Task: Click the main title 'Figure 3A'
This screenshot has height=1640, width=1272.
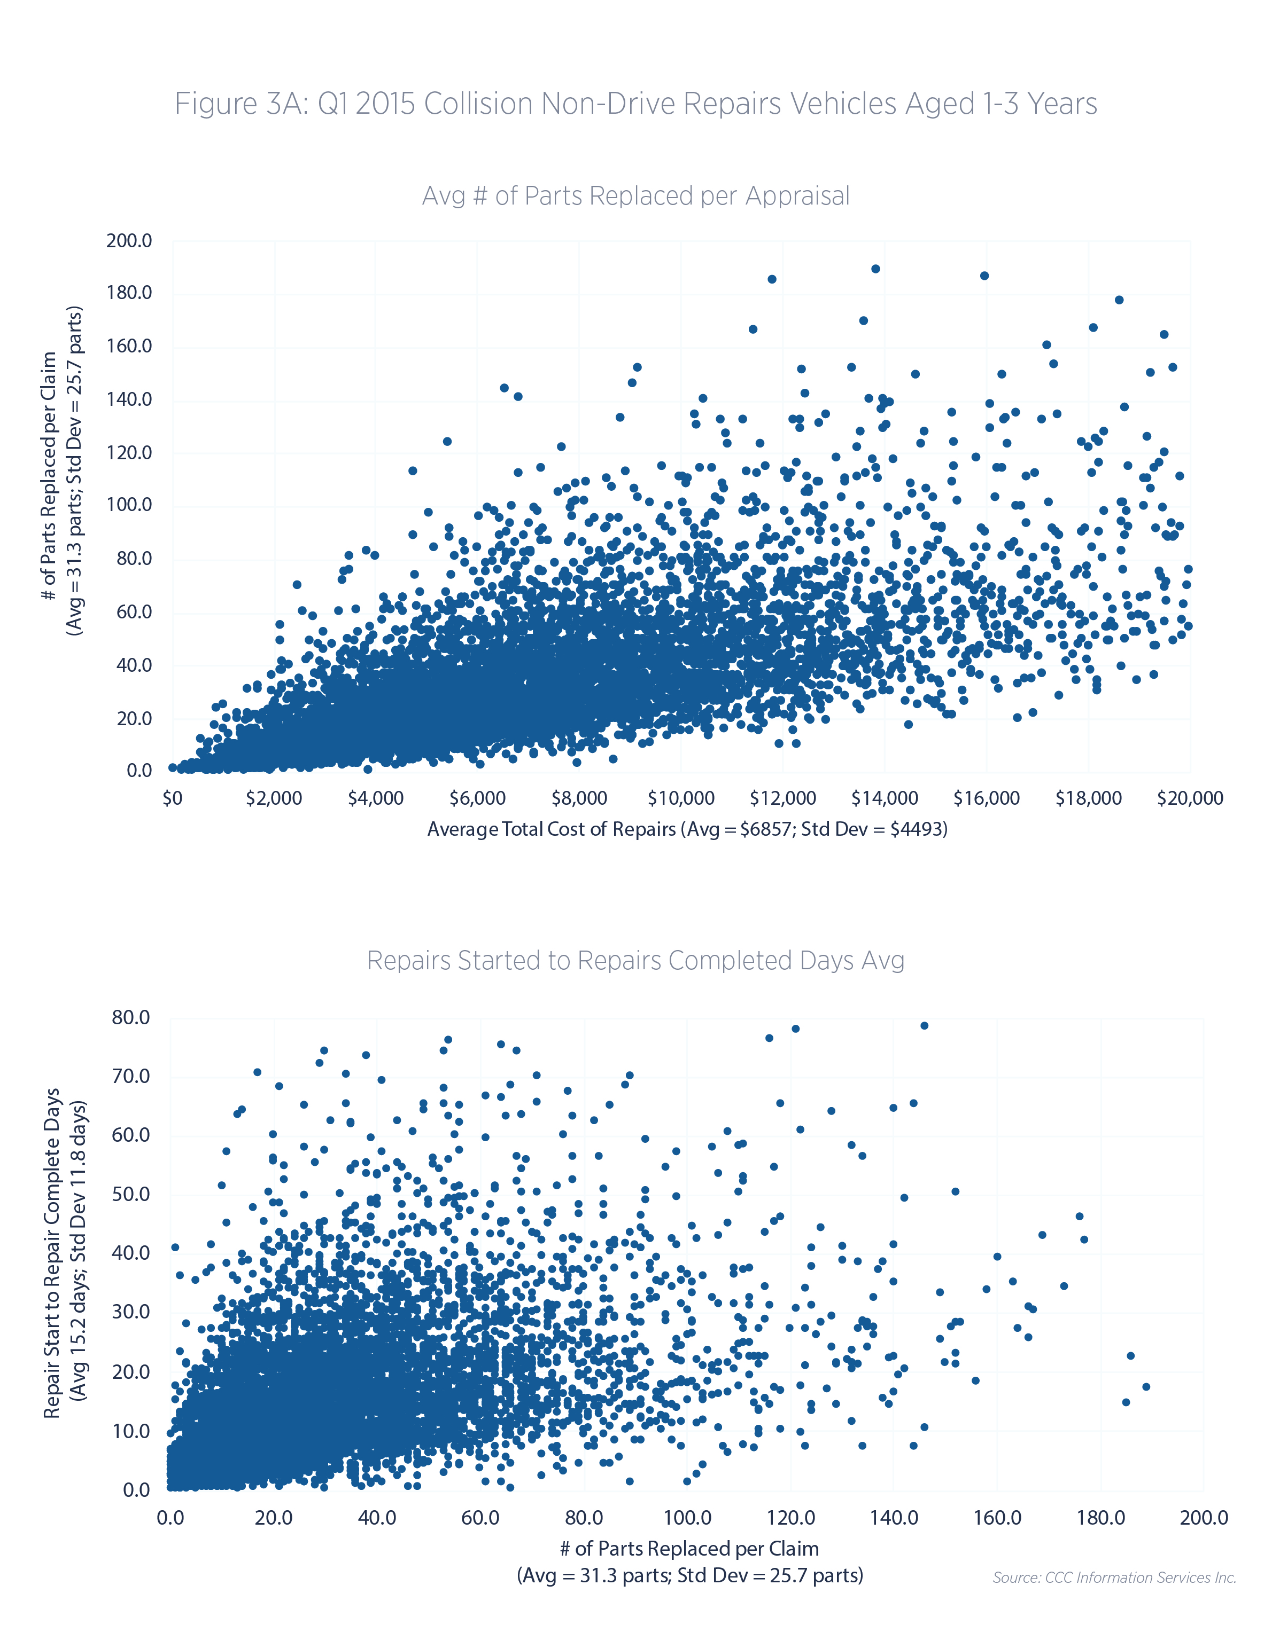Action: click(635, 104)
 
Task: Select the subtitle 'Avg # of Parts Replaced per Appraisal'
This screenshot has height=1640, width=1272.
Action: click(635, 195)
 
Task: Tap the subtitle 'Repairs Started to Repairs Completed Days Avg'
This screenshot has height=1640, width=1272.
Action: click(635, 960)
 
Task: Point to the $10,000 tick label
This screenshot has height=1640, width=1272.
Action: click(681, 798)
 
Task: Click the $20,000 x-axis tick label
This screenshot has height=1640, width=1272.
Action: click(1189, 798)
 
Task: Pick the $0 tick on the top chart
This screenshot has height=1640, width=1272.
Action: click(173, 798)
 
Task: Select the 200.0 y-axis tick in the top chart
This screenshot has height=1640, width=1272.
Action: click(129, 241)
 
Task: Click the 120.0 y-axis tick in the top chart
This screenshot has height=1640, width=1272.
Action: click(129, 453)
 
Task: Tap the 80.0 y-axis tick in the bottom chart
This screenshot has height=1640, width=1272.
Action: click(131, 1017)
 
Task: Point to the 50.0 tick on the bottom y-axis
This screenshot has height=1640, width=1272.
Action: click(131, 1195)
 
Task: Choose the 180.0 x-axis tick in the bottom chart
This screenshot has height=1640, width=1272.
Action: click(1100, 1518)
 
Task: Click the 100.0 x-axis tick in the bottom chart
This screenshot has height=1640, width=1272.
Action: click(687, 1518)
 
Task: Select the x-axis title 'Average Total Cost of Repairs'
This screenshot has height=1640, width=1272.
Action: click(687, 829)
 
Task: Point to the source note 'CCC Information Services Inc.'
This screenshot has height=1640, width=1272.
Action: click(1114, 1578)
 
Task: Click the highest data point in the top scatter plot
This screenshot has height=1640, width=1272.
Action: click(875, 269)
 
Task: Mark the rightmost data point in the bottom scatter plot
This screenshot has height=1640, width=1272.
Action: click(1146, 1387)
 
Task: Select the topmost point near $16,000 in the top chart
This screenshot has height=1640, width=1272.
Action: click(984, 276)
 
